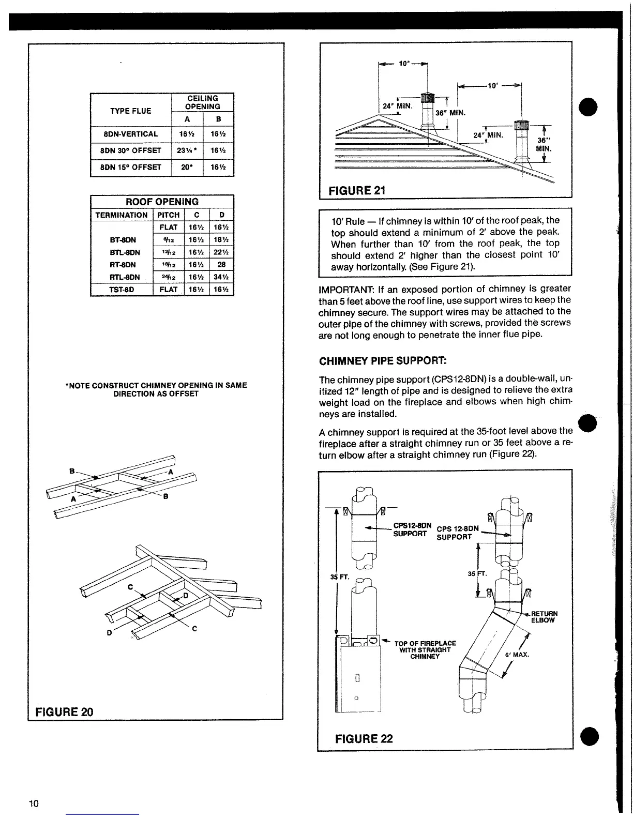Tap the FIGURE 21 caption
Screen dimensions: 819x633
pos(357,190)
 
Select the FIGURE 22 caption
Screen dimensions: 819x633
pos(364,738)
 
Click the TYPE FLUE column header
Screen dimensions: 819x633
pos(131,111)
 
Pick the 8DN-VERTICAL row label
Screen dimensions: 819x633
pos(131,134)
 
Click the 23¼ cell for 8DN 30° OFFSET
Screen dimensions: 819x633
pos(187,151)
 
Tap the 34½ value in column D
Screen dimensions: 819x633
pos(222,277)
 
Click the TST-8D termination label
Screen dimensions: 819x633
pos(122,290)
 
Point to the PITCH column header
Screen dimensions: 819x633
pos(169,215)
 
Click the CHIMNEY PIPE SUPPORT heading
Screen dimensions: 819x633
pos(383,360)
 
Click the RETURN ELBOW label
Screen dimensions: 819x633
pos(542,617)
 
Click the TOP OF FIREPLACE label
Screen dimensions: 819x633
pos(425,649)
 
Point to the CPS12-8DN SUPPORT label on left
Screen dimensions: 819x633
pos(410,529)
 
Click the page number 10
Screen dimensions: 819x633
pos(34,803)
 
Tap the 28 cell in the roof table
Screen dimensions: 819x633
pos(222,265)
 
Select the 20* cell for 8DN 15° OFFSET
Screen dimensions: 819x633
pos(187,167)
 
